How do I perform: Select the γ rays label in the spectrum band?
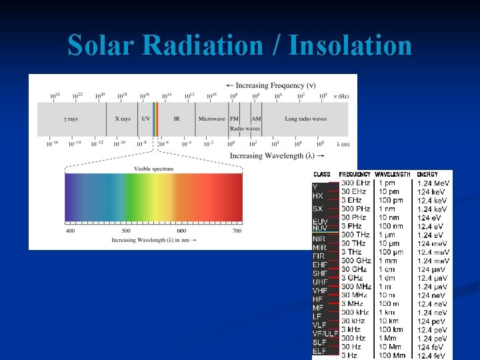pos(70,119)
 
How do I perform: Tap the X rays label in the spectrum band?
pos(122,119)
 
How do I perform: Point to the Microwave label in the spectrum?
pos(211,119)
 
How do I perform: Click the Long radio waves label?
pos(305,119)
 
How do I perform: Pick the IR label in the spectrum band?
pos(177,119)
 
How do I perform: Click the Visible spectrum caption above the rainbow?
pos(153,169)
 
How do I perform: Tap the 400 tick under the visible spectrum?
pos(70,231)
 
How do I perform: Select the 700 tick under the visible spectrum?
pos(237,231)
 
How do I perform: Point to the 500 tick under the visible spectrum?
pos(125,231)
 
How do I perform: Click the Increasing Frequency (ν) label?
pos(270,85)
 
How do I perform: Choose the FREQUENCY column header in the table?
pos(355,174)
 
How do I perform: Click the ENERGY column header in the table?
pos(427,174)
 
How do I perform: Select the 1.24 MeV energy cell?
pos(433,183)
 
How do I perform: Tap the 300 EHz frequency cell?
pos(356,182)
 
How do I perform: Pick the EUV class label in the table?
pos(320,221)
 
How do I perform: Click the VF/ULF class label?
pos(325,333)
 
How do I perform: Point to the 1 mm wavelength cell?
pos(387,261)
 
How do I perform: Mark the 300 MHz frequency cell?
pos(357,287)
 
